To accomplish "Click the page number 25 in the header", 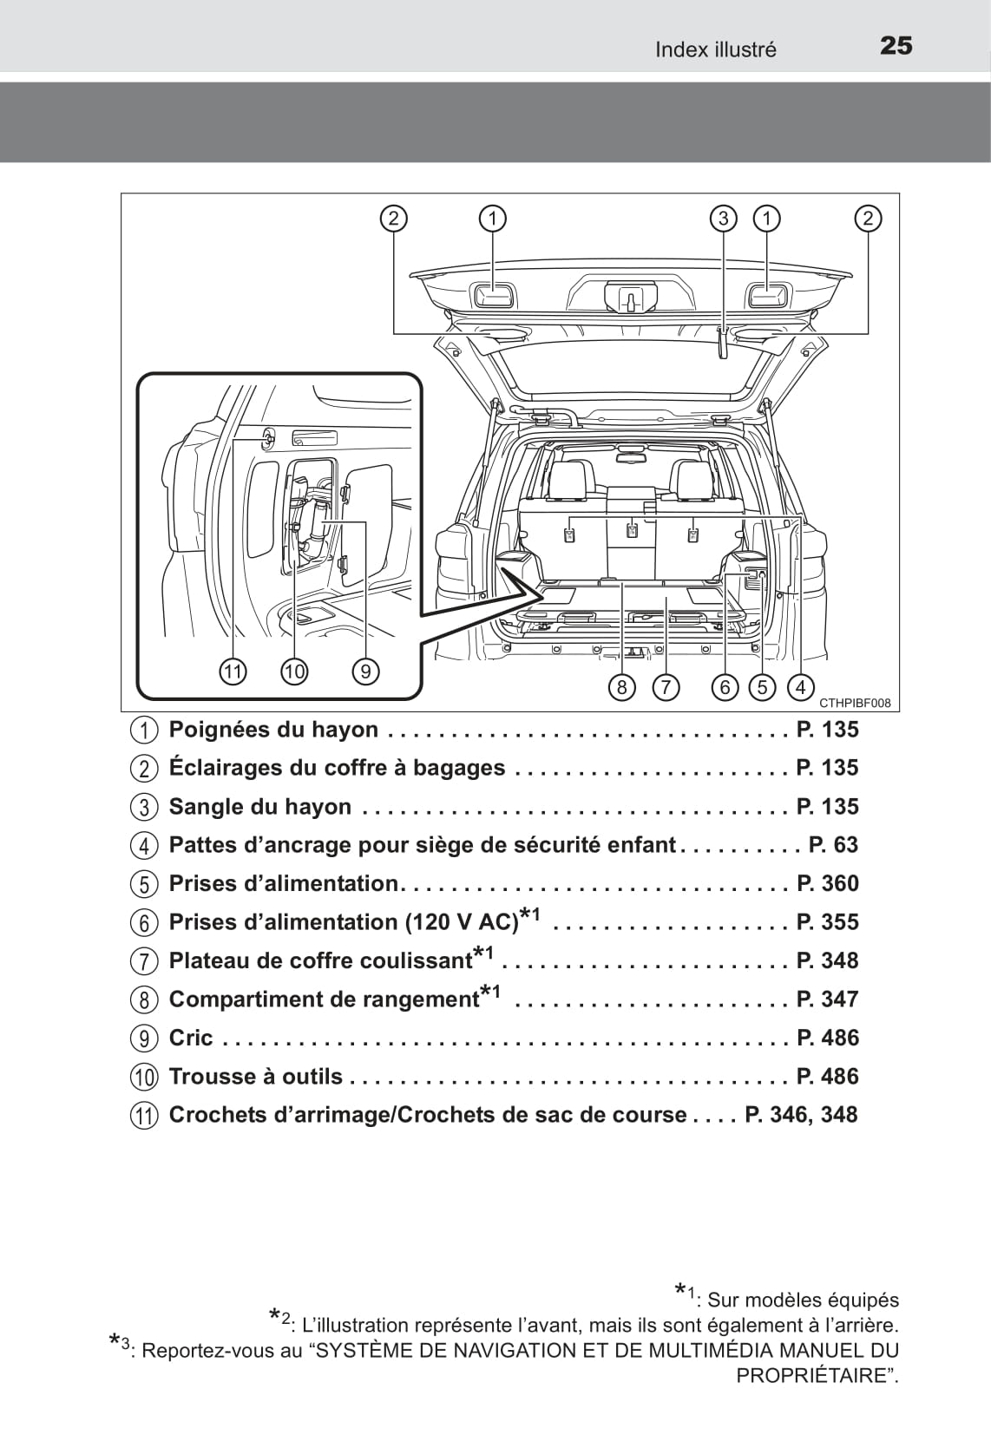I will click(896, 45).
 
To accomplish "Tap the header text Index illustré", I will click(715, 49).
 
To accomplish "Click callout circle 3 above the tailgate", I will click(723, 218).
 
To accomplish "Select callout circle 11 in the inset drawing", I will click(233, 671).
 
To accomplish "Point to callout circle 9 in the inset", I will click(365, 671).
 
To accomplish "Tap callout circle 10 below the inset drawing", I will click(294, 671).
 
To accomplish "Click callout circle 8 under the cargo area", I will click(622, 688).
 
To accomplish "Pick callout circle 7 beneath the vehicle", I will click(665, 688).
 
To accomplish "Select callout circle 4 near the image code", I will click(800, 688).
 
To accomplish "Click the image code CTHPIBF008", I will click(855, 704).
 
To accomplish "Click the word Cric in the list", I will click(191, 1038).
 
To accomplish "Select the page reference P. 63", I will click(833, 844).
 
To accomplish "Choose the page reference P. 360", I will click(827, 883).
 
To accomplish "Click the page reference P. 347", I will click(827, 999).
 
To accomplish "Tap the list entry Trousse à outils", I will click(256, 1076).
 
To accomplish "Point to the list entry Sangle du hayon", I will click(260, 806).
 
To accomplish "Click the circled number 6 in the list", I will click(144, 922).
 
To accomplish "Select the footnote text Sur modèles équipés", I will click(803, 1300).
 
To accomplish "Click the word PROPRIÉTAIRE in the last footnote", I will click(811, 1375).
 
